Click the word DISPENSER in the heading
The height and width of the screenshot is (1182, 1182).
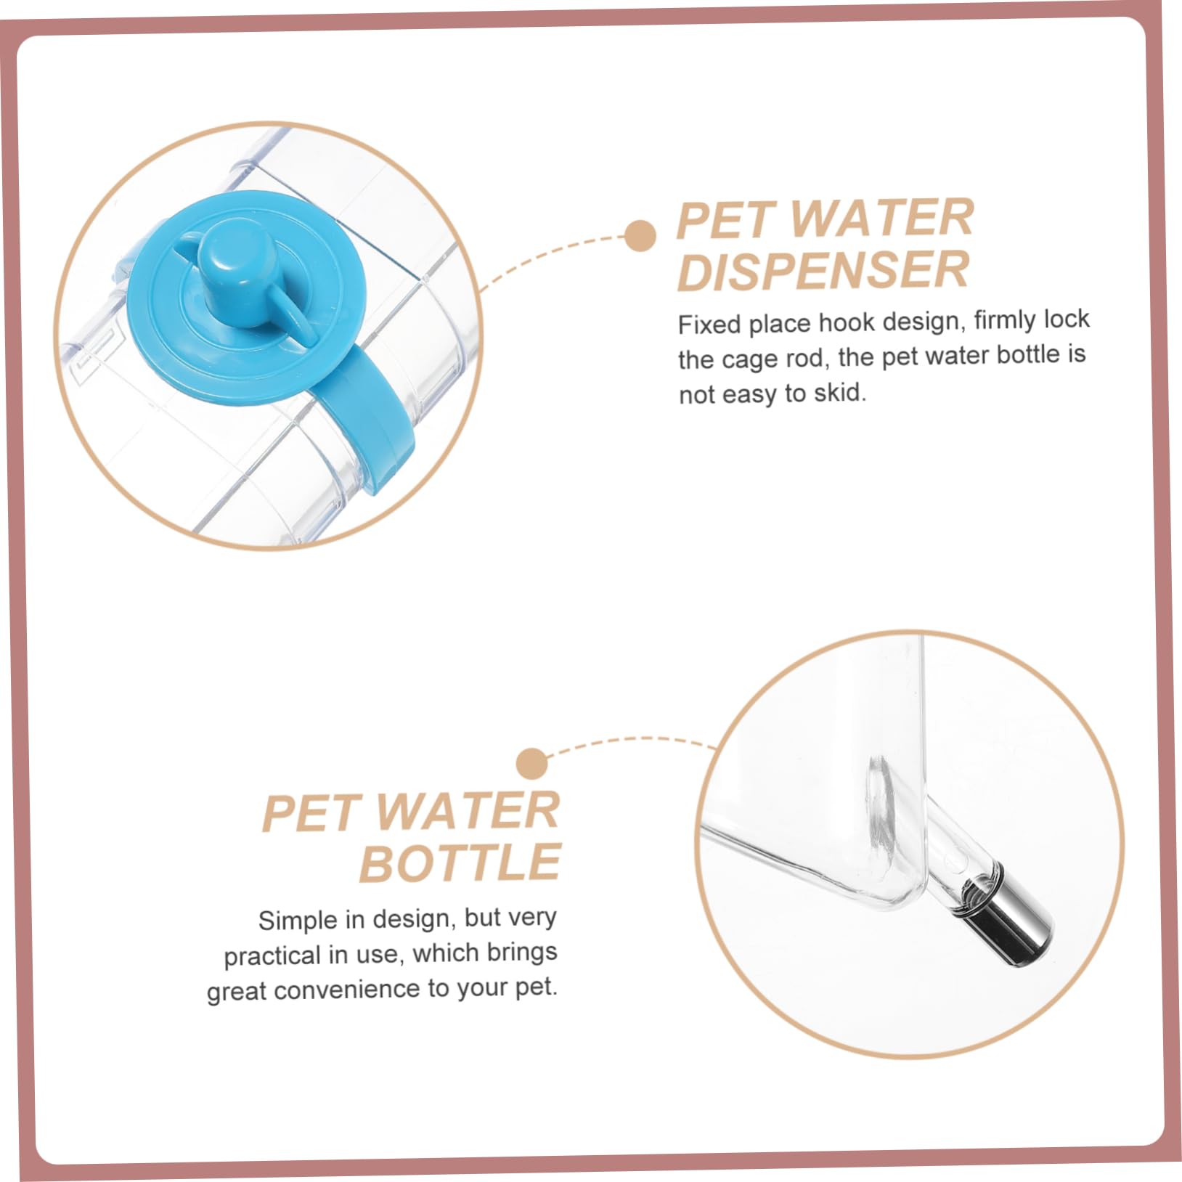[823, 270]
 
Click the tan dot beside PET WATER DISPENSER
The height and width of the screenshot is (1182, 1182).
[640, 236]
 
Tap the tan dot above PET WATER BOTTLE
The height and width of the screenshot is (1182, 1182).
[532, 764]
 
